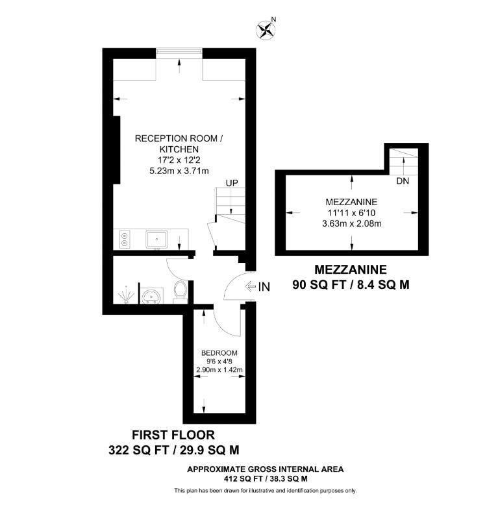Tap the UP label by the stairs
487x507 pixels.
coord(231,183)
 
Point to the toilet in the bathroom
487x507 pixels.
coord(181,291)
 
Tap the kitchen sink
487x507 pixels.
coord(156,240)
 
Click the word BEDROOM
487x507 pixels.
coord(219,353)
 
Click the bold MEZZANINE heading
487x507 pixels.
coord(351,269)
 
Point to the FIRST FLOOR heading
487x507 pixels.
coord(173,434)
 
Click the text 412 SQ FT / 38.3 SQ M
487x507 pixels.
coord(265,478)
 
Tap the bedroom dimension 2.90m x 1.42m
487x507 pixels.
coord(219,370)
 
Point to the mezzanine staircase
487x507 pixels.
coord(404,160)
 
